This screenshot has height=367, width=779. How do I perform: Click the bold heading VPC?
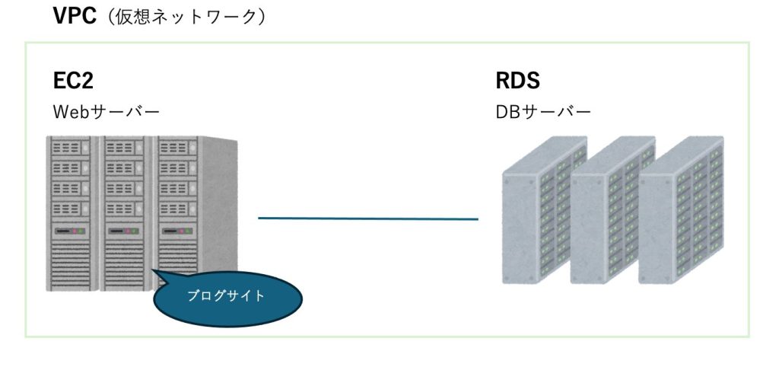point(74,17)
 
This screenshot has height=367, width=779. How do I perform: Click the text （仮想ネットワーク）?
point(186,18)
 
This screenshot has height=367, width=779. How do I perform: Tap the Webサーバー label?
point(106,111)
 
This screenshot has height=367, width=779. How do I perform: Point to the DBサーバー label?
point(543,111)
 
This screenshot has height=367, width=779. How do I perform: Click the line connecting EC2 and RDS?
point(368,219)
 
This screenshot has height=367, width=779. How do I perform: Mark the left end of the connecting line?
point(260,219)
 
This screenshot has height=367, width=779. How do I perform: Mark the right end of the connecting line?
point(477,219)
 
